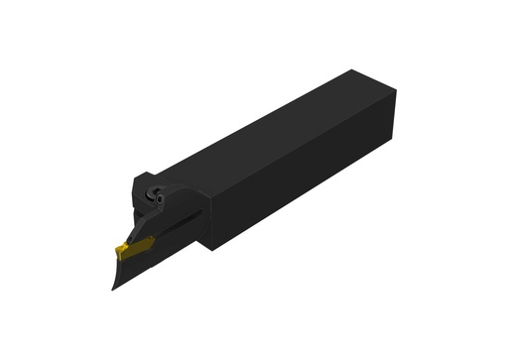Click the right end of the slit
tap(202, 212)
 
